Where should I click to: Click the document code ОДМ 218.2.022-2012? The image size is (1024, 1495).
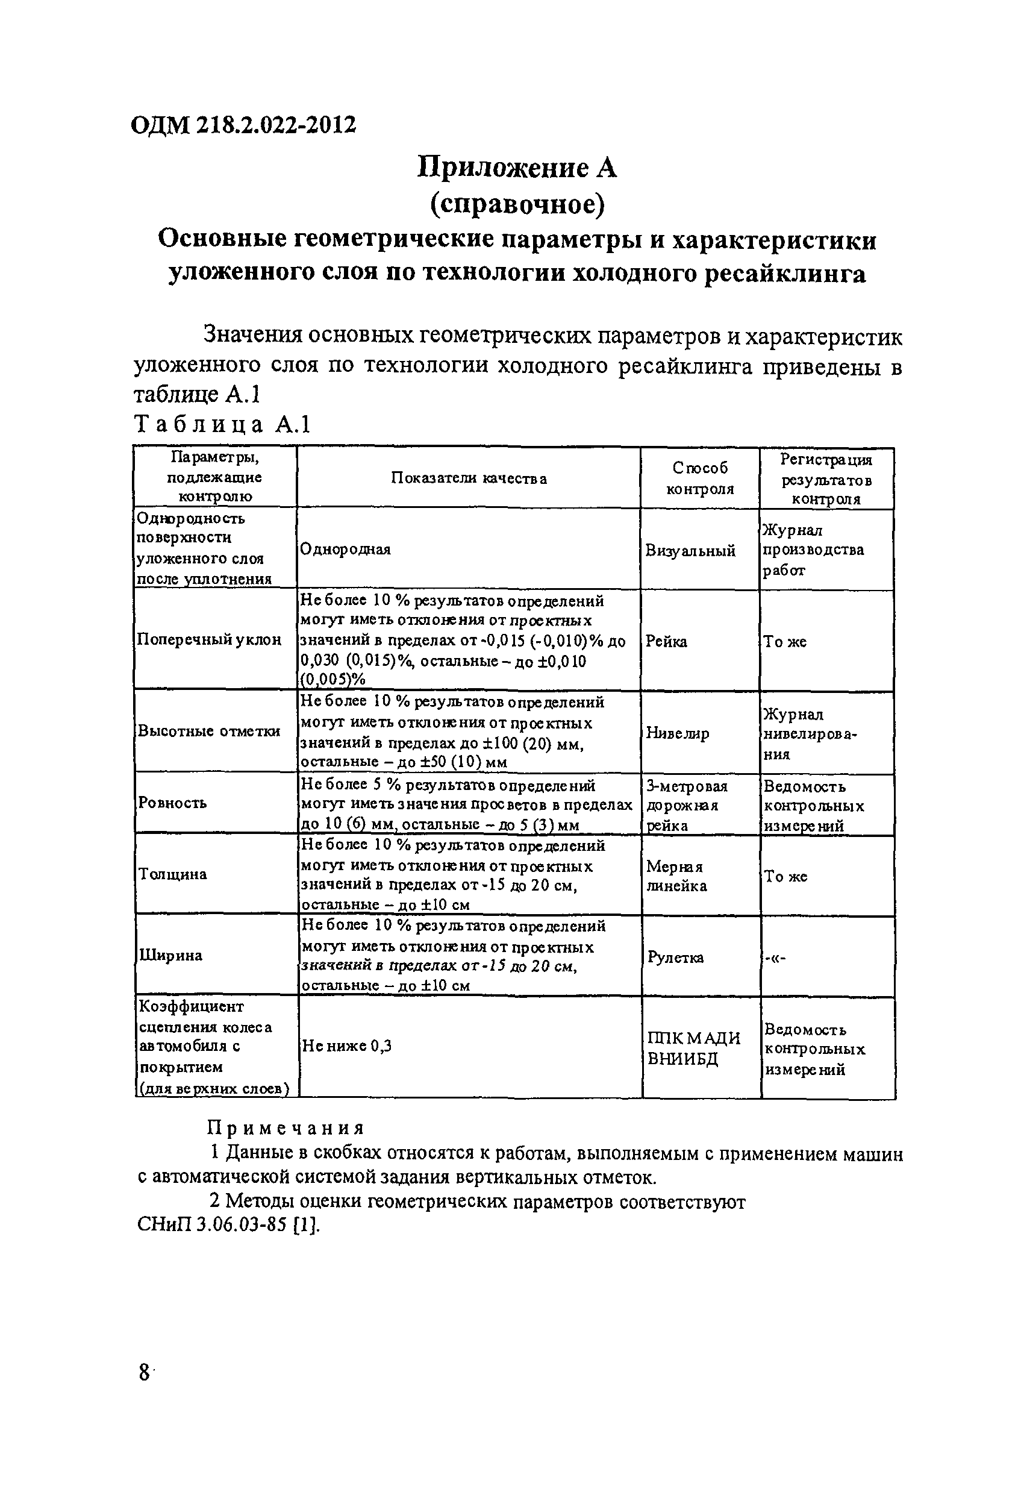click(243, 125)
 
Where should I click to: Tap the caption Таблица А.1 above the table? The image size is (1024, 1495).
click(222, 425)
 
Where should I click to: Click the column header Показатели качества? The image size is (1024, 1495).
click(469, 478)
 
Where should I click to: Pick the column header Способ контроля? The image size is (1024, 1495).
click(700, 478)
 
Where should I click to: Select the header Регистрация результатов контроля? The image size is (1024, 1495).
click(826, 478)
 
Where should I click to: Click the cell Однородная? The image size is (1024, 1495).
click(345, 550)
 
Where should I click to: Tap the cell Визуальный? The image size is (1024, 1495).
click(690, 551)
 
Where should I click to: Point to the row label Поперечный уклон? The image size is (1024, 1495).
click(209, 639)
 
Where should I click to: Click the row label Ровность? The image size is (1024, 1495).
click(172, 803)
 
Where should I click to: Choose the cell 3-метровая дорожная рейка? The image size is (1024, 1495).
click(686, 806)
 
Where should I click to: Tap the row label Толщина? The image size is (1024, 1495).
click(172, 874)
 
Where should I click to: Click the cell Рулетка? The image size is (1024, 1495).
click(675, 957)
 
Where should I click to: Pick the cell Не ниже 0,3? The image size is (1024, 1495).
click(347, 1047)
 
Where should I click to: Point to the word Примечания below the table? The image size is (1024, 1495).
click(286, 1128)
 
